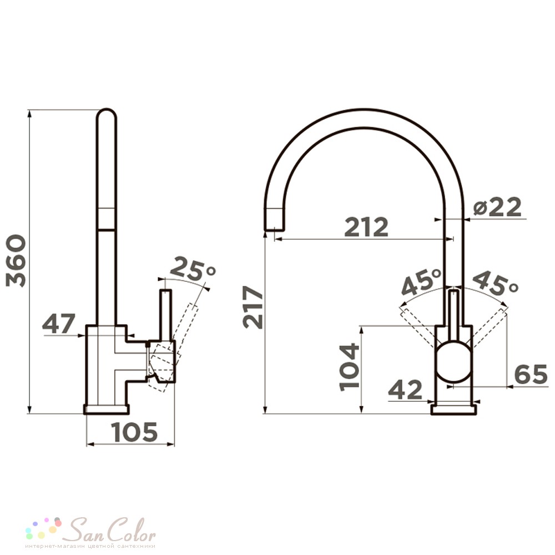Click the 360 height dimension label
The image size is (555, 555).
coord(16,261)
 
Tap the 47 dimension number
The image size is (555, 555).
coord(59,323)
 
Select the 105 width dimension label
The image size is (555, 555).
coord(134,432)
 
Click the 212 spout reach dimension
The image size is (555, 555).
coord(366,226)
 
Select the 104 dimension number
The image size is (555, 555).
coord(349,367)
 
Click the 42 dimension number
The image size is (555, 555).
coord(405,390)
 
